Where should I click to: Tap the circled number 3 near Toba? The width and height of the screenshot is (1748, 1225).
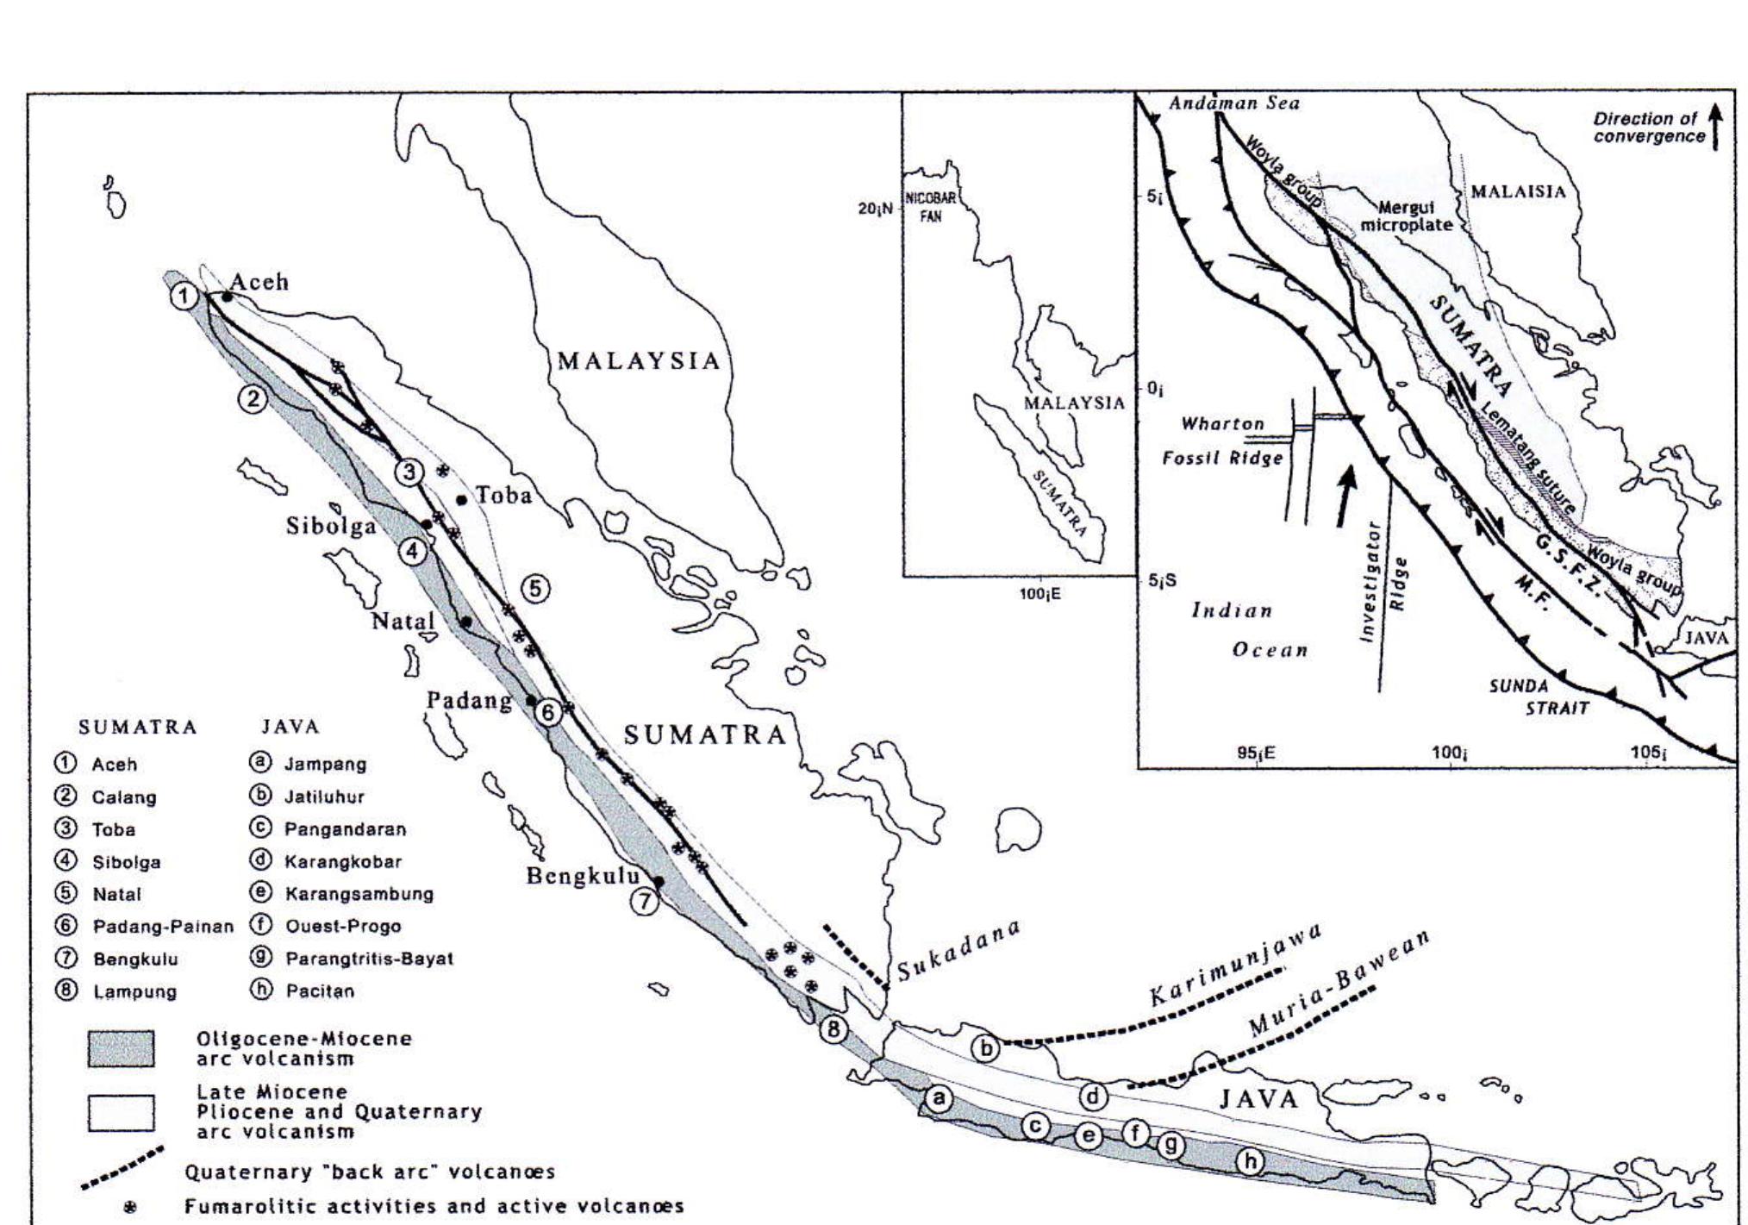pos(409,472)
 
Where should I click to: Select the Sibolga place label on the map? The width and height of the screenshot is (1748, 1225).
pos(331,526)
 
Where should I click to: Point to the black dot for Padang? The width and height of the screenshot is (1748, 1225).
pos(531,700)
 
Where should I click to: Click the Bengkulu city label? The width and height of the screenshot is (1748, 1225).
pos(583,877)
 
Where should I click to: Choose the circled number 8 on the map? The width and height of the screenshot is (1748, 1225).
pos(833,1029)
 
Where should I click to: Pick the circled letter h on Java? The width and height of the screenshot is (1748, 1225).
pos(1250,1161)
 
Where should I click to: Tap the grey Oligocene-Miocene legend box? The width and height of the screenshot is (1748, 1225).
pos(121,1048)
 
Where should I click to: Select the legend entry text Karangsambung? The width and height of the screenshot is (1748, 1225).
pos(359,893)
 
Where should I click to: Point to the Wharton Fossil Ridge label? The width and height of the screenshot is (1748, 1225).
pos(1223,441)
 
